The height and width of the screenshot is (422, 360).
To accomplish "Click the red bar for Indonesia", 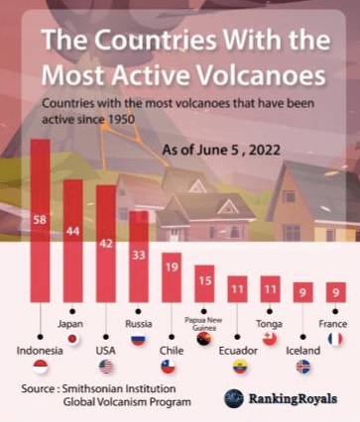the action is point(40,221).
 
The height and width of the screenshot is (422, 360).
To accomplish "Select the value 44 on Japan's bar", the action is point(72,231).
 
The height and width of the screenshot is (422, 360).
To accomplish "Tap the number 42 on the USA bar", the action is point(106,244).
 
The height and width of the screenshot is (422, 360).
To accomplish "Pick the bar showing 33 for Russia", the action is point(139,257).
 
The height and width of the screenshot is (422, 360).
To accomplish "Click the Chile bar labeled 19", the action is point(172,277).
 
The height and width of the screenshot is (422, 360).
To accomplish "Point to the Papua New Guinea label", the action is point(203,324).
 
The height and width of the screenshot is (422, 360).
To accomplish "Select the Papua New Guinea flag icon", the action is point(204,339).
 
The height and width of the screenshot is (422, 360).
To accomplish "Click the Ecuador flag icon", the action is point(240,367).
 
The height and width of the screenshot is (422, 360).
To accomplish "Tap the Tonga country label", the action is point(270,324).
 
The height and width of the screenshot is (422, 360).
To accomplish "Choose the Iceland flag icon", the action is point(303,367).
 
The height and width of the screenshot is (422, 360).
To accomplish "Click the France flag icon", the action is point(335,339).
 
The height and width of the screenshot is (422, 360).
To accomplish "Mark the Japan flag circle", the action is point(72,339).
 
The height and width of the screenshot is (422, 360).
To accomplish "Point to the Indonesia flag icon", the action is point(41,367).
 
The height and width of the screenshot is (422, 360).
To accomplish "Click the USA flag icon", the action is point(106,367).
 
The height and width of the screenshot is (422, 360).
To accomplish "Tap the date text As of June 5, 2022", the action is point(221,151).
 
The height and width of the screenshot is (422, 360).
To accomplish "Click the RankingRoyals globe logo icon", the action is point(234,398).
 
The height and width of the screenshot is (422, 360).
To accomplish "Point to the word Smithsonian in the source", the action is point(90,388).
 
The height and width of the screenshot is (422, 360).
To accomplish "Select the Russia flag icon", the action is point(139,339).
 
